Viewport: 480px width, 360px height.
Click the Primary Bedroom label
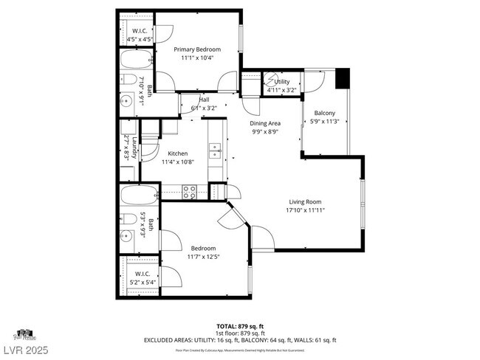pos(197,49)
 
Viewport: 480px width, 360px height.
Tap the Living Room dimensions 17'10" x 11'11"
pos(304,210)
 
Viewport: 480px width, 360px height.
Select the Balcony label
pos(325,113)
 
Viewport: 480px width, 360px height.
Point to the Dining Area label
pos(264,123)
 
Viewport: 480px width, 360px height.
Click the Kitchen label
pos(178,153)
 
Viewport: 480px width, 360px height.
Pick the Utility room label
pos(282,81)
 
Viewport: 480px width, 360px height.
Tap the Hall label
pos(204,100)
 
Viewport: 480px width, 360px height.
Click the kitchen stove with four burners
pos(189,192)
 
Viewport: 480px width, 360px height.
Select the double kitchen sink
pos(216,150)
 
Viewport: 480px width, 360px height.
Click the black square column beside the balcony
pos(342,78)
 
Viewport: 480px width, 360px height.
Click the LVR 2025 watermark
pos(24,346)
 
